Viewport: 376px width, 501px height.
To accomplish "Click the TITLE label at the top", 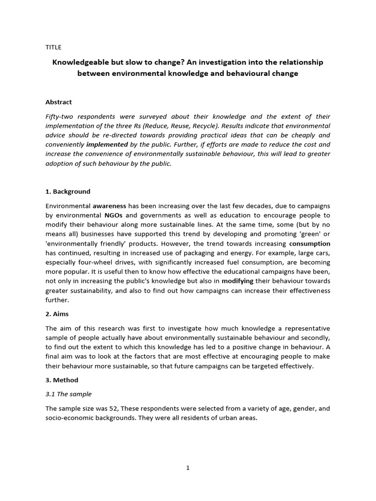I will click(x=53, y=47).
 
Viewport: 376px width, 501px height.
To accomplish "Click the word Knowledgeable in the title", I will click(x=82, y=63).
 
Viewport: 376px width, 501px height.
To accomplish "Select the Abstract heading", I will click(x=58, y=102).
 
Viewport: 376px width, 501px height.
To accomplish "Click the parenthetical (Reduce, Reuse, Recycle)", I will click(x=175, y=126).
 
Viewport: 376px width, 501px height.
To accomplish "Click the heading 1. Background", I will click(x=68, y=191).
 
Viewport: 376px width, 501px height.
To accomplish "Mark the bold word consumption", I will click(x=309, y=243).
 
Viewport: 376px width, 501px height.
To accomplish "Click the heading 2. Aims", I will click(x=58, y=314).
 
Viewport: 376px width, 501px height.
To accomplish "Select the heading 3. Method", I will click(x=62, y=380).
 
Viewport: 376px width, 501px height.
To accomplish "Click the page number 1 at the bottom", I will click(x=188, y=468).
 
